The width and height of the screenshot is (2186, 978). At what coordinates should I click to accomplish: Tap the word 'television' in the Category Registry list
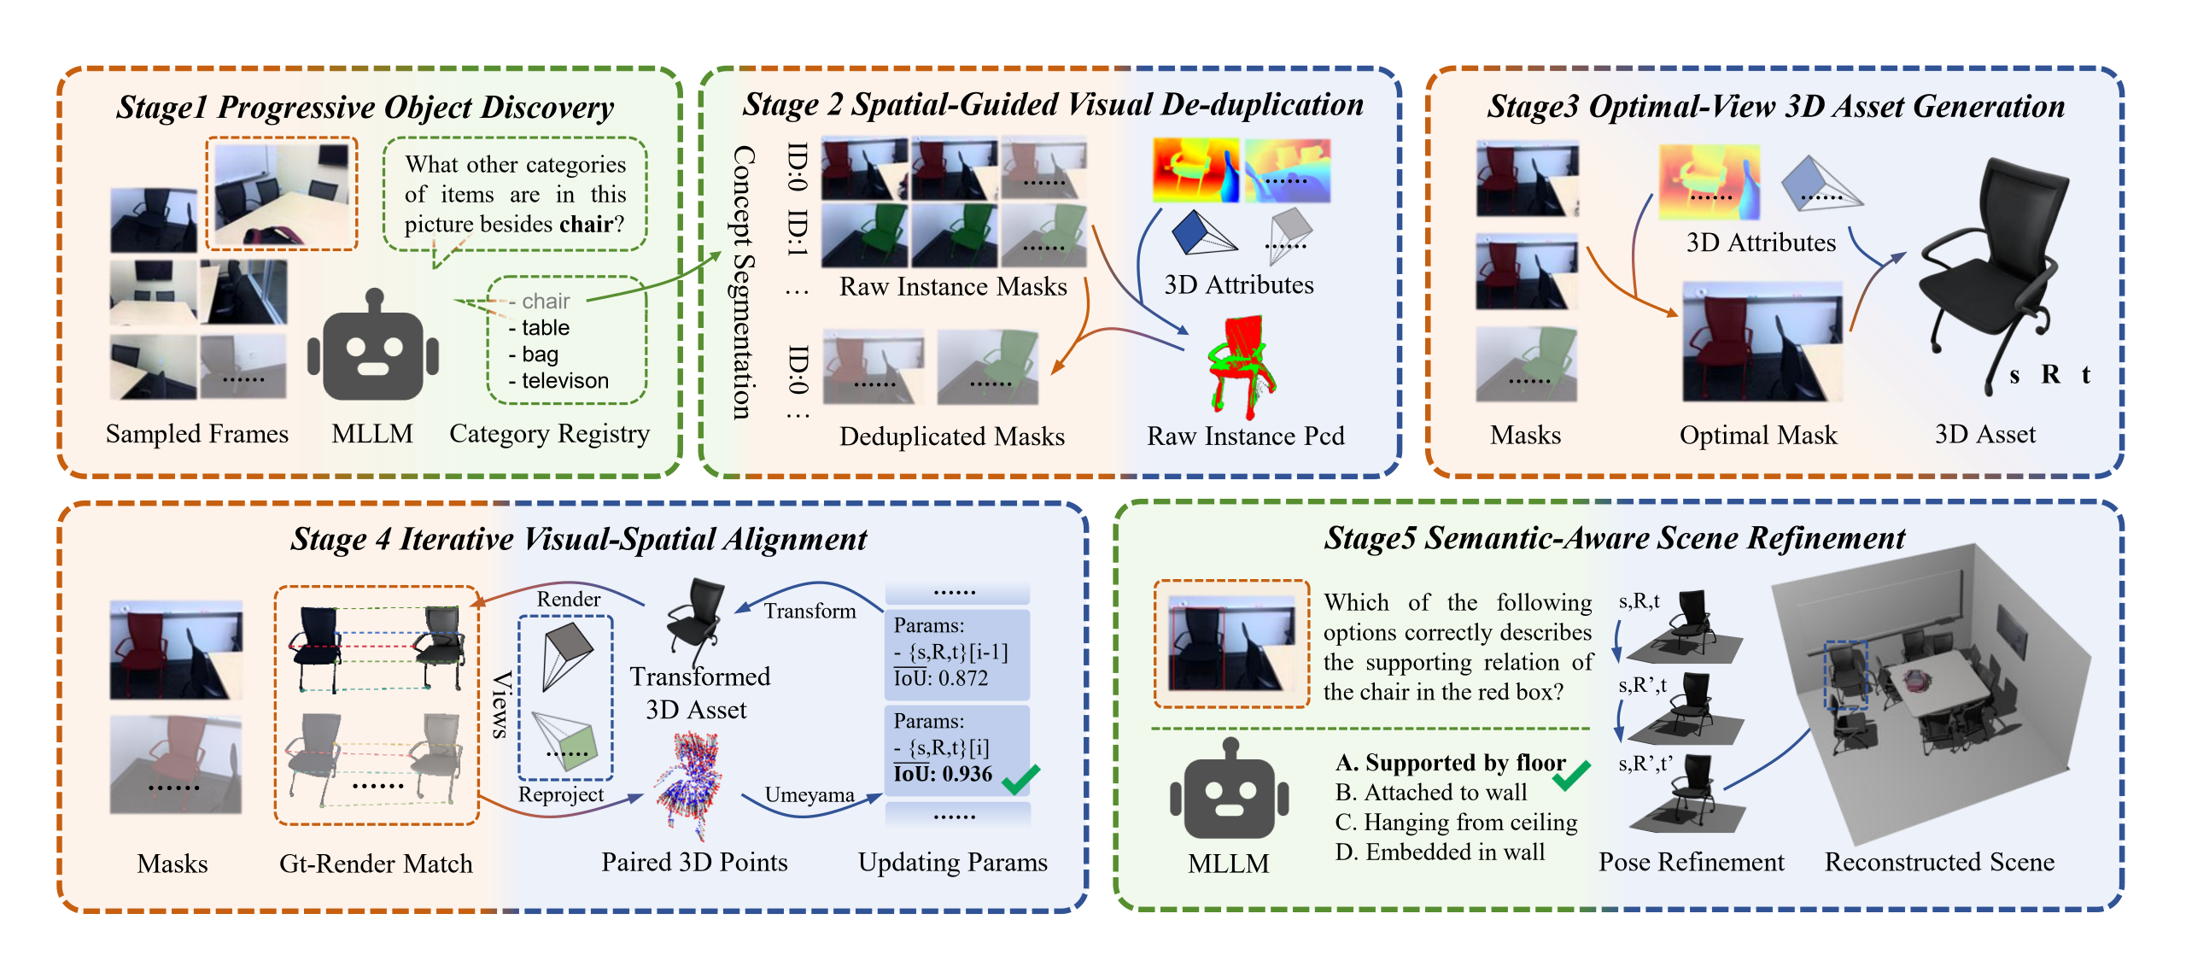[x=565, y=381]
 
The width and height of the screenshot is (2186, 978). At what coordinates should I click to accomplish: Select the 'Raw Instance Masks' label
[x=953, y=286]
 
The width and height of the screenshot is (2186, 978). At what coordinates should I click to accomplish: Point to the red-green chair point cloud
[x=1240, y=367]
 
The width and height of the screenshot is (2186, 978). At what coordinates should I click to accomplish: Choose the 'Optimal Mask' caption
[x=1757, y=435]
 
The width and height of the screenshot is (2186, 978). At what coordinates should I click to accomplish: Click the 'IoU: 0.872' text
[x=940, y=678]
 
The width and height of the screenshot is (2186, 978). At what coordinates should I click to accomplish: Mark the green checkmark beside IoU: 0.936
[x=1021, y=777]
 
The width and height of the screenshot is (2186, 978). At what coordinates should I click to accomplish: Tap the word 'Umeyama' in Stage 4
[x=809, y=795]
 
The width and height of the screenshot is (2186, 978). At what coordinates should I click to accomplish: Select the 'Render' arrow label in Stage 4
[x=568, y=599]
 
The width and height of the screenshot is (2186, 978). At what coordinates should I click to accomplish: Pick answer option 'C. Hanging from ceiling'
[x=1456, y=822]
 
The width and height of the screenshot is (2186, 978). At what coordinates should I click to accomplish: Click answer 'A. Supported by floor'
[x=1450, y=762]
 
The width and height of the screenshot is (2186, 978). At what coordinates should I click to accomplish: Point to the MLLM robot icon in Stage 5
[x=1229, y=790]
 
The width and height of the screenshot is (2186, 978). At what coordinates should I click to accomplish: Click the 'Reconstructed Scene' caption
[x=1939, y=862]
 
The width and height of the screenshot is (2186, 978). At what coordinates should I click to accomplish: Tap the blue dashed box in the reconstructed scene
[x=1845, y=676]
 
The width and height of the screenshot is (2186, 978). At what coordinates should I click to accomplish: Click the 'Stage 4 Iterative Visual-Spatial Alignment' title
[x=578, y=539]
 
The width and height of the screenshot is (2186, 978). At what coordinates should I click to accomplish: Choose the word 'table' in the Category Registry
[x=545, y=328]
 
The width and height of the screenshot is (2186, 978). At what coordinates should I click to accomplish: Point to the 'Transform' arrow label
[x=810, y=611]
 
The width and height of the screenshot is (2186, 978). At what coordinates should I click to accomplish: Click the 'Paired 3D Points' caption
[x=694, y=862]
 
